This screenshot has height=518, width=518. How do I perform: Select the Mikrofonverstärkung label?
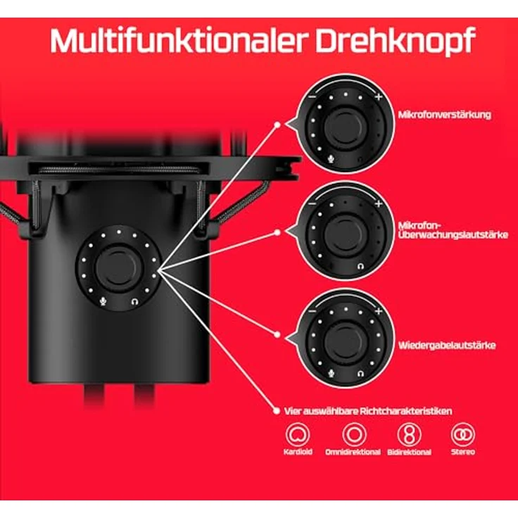(x=444, y=114)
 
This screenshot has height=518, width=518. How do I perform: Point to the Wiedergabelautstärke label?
(x=446, y=346)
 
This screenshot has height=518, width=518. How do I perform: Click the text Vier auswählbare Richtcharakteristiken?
(x=367, y=410)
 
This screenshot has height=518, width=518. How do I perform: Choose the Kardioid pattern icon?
(x=298, y=435)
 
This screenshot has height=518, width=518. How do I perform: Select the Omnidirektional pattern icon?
(x=353, y=435)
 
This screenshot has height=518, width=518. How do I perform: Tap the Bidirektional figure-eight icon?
(x=409, y=435)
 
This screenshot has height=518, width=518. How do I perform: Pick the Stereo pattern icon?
(x=463, y=435)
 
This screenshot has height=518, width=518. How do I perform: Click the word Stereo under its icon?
(x=463, y=452)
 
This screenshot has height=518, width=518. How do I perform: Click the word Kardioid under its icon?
(x=298, y=452)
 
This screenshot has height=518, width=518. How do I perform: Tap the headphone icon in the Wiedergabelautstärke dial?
(x=360, y=373)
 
